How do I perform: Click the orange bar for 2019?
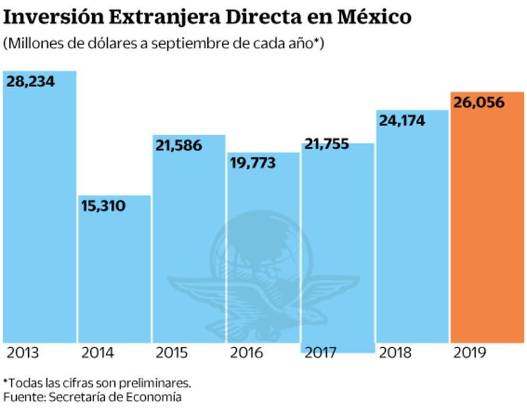point(486,228)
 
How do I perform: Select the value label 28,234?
point(31,82)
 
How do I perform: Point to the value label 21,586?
point(178,145)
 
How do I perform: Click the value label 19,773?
point(252,163)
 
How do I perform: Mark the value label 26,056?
point(479,103)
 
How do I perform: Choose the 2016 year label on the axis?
point(247,353)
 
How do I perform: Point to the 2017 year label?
point(322,353)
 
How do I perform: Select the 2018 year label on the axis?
point(396,353)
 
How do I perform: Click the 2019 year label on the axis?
point(470,353)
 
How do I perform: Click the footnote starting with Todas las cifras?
point(98,383)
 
